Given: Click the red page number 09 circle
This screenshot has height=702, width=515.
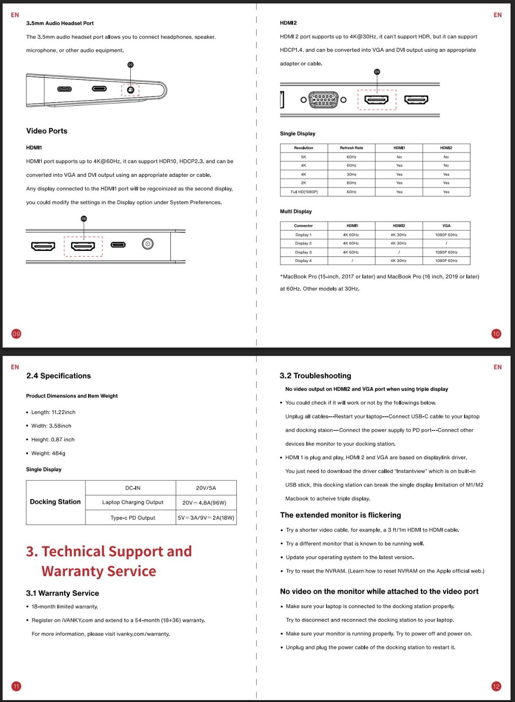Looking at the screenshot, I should click(x=16, y=334).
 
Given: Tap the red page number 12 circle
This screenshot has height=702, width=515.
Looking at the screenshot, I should click(x=496, y=686).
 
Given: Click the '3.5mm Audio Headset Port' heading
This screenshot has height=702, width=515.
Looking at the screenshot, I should click(x=60, y=23).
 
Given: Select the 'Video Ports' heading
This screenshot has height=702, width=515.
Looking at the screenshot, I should click(x=46, y=131).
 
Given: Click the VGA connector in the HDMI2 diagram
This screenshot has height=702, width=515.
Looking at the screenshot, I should click(x=323, y=100).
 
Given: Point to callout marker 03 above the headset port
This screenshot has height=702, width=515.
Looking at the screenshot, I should click(x=130, y=65).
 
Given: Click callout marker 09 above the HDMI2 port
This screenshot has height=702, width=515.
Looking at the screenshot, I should click(x=377, y=72).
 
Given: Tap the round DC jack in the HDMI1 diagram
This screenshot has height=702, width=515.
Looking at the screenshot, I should click(x=148, y=244).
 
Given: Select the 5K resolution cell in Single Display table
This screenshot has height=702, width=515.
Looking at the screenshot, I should click(x=304, y=157).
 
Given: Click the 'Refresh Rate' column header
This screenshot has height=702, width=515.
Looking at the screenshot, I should click(x=351, y=148).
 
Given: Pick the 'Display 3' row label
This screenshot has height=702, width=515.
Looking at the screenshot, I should click(x=303, y=252).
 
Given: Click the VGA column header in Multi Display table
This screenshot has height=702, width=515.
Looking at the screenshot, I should click(x=446, y=226).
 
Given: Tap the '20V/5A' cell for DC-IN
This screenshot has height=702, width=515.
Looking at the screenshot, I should click(x=206, y=488).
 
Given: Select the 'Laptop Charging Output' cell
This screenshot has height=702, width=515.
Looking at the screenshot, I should click(x=132, y=502).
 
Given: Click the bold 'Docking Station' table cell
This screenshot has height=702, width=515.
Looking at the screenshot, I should click(x=55, y=502).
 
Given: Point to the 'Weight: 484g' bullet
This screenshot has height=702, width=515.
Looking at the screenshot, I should click(x=48, y=453).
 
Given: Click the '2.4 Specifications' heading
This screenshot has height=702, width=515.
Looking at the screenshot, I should click(x=58, y=376).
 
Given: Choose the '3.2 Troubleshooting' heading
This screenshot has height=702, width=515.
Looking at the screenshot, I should click(x=315, y=376).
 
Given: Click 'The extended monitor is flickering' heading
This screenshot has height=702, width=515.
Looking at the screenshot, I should click(x=340, y=515).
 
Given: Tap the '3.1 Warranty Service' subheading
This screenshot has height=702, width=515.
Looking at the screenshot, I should click(x=62, y=593).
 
